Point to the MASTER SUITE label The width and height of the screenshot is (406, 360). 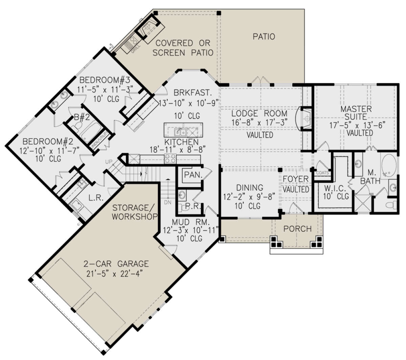(356, 113)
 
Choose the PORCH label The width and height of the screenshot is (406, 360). (297, 229)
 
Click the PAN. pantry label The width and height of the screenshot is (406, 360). (193, 175)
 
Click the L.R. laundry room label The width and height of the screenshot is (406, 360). (96, 198)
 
